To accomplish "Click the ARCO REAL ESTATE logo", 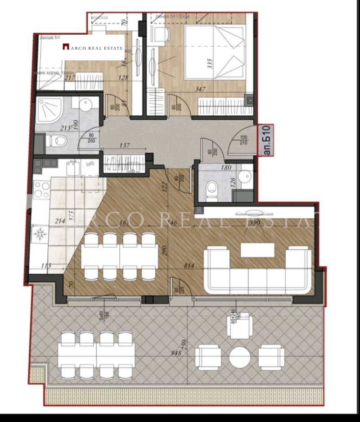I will (x=93, y=47).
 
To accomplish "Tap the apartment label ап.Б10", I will (x=267, y=141).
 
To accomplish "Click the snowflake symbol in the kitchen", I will (x=40, y=234).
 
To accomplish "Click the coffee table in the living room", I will (x=257, y=250).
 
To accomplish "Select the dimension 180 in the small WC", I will (x=226, y=168).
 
